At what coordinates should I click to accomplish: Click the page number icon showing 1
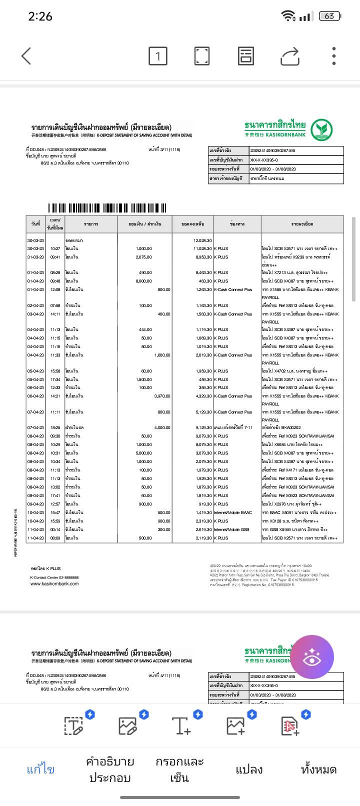157,56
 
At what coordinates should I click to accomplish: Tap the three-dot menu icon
333,56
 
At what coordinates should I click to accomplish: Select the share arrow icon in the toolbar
289,56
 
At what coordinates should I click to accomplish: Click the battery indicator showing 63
329,16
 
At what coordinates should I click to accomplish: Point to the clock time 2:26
40,16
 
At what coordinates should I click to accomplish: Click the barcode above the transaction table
107,208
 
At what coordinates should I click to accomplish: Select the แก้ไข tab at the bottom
40,769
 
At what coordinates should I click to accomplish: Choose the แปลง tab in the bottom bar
249,769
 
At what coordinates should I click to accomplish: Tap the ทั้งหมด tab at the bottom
318,769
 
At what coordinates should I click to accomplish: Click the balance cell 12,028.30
202,240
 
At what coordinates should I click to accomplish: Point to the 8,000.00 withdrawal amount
143,281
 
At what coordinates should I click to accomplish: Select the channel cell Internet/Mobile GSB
231,529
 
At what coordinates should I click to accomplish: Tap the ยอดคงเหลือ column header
192,223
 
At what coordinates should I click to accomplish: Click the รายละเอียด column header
302,223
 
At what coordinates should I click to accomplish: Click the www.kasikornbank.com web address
54,583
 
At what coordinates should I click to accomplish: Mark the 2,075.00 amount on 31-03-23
143,257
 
